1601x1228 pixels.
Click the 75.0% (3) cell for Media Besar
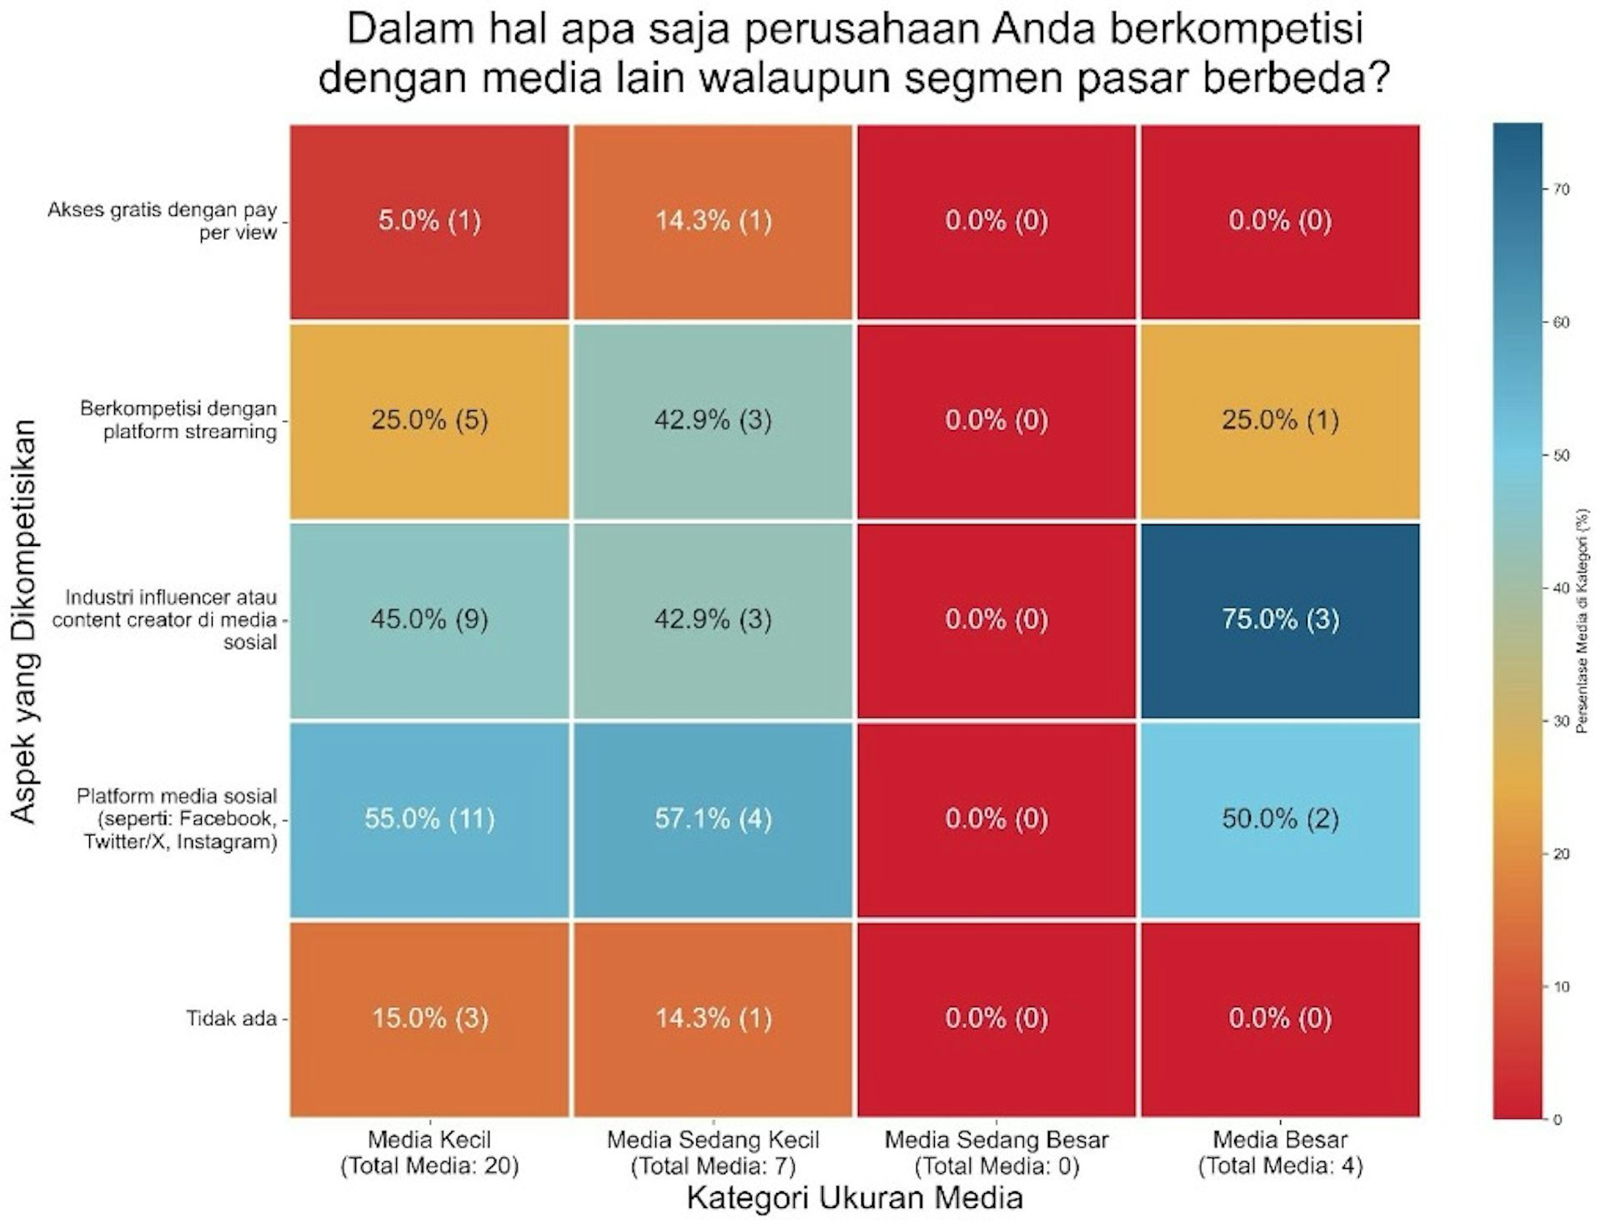click(x=1280, y=619)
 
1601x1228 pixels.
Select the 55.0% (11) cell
click(x=429, y=819)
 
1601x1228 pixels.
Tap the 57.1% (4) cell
click(x=713, y=819)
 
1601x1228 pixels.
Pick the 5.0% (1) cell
click(x=429, y=221)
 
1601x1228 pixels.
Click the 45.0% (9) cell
click(x=429, y=619)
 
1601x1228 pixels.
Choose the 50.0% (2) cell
click(x=1280, y=819)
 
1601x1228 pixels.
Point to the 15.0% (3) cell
click(x=429, y=1018)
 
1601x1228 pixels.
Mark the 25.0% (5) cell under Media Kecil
click(x=429, y=419)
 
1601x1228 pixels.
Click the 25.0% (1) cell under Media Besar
click(x=1280, y=419)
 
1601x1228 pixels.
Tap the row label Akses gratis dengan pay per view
click(x=163, y=221)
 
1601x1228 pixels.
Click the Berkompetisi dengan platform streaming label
click(x=178, y=420)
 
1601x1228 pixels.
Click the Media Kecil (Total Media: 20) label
click(x=429, y=1152)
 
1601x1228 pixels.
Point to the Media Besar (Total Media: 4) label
click(x=1280, y=1152)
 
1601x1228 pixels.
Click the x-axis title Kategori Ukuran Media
click(x=855, y=1198)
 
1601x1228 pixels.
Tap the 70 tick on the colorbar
click(x=1561, y=190)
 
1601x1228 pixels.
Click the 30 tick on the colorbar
click(x=1561, y=721)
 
